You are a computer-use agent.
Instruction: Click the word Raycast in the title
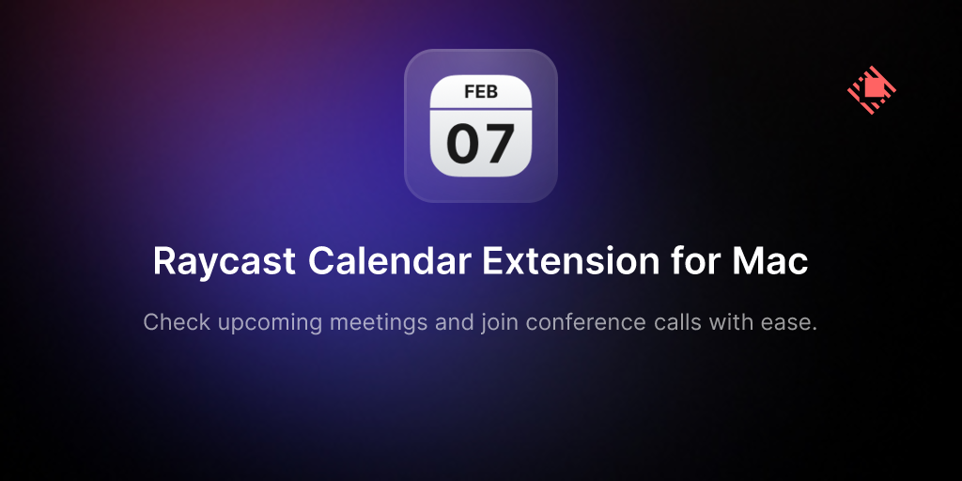[x=224, y=262]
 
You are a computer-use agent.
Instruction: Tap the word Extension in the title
[x=564, y=261]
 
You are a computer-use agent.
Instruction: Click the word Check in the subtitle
[x=177, y=321]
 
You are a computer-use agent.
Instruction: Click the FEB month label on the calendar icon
[x=481, y=92]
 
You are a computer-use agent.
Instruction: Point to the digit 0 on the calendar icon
[x=463, y=144]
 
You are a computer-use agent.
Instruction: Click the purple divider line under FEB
[x=481, y=109]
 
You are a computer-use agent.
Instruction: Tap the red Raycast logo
[x=872, y=90]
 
